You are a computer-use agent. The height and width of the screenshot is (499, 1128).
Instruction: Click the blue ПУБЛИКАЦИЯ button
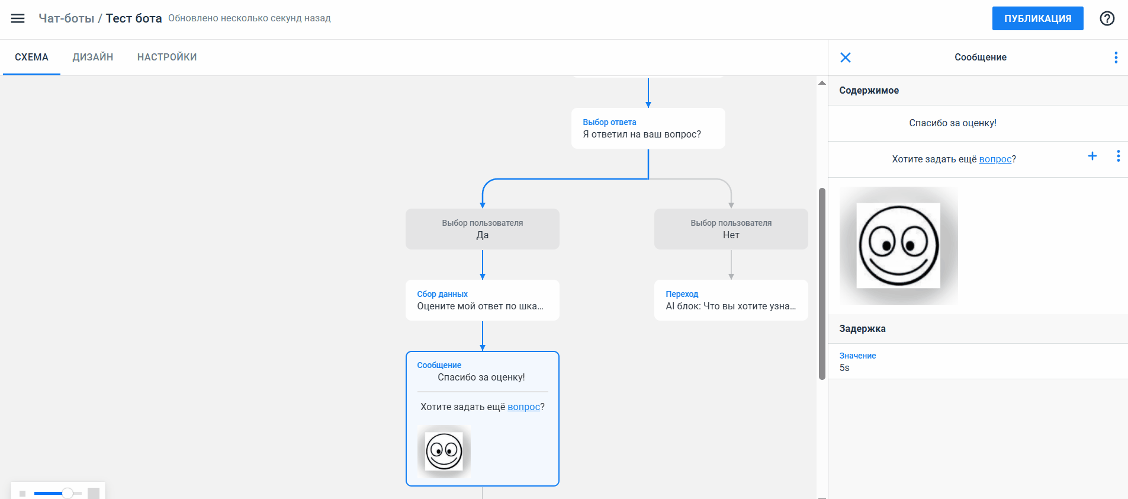coord(1037,18)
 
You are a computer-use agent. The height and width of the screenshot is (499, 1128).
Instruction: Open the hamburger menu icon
coord(18,18)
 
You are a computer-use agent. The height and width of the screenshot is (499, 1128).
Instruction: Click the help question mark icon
coord(1107,18)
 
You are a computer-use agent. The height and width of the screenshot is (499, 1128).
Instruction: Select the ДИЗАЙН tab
coord(93,57)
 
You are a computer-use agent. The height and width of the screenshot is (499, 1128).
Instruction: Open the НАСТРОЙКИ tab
coord(167,57)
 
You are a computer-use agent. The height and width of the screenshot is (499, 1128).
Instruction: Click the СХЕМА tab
coord(31,57)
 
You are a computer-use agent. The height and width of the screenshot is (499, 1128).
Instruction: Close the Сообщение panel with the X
coord(846,57)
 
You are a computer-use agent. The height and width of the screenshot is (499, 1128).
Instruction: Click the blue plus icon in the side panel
coord(1092,156)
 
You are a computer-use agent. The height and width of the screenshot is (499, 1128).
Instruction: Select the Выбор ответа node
coord(648,128)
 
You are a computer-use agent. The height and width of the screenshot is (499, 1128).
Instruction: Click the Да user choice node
coord(483,229)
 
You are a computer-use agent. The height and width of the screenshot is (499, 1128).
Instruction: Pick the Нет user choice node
coord(731,229)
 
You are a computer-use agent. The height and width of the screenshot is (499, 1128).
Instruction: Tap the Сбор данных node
coord(483,300)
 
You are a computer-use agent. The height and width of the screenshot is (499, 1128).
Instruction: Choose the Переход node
coord(731,300)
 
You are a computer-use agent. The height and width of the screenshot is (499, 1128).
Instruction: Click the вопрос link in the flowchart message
coord(524,407)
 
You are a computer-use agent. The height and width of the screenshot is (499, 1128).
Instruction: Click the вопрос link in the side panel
coord(995,159)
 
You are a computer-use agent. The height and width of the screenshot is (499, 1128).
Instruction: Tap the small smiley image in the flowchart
coord(444,452)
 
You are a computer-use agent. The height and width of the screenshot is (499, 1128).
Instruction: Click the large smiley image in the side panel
coord(899,246)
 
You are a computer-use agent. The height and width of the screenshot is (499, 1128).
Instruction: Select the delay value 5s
coord(844,367)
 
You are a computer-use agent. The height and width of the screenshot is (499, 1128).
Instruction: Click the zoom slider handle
coord(68,493)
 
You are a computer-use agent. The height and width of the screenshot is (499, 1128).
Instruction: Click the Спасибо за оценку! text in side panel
coord(953,123)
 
